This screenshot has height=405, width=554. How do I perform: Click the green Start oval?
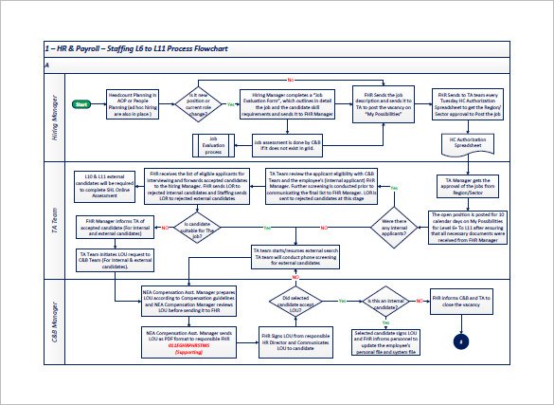click(81, 103)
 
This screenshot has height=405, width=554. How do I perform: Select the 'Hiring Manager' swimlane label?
click(56, 117)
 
